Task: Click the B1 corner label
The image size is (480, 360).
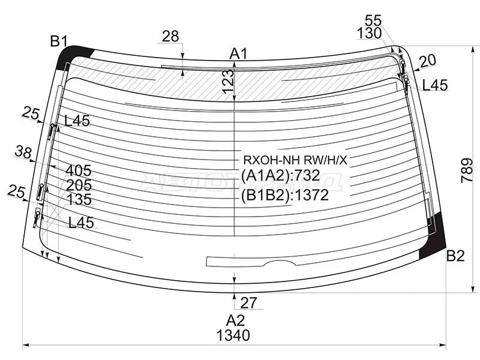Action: tap(59, 41)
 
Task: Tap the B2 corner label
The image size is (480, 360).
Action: tap(455, 256)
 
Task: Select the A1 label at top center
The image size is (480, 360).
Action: tap(238, 54)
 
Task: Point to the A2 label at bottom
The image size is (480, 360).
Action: tap(235, 320)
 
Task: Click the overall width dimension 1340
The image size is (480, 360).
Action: tap(233, 335)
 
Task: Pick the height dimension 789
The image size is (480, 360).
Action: tap(467, 170)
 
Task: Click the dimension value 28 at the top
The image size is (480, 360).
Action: tap(170, 37)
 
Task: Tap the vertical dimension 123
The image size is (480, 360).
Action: tap(228, 82)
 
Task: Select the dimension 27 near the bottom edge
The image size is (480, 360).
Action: tap(248, 303)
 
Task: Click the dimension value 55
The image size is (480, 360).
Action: tap(373, 21)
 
